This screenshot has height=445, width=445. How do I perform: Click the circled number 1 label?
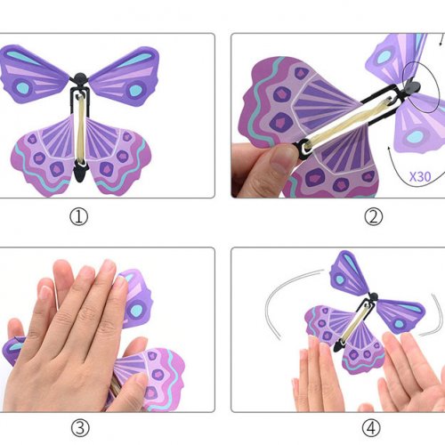point(79,217)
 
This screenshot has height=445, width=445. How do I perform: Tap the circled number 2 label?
point(373,216)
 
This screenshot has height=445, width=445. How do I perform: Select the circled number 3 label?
point(80,428)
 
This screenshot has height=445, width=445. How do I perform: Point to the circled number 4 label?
point(371,428)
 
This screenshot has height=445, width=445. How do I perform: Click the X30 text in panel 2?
point(420,177)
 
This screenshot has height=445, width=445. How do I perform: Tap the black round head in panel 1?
point(79,78)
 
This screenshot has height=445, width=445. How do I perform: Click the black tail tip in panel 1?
point(80,174)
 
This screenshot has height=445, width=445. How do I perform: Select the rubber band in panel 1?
point(80,129)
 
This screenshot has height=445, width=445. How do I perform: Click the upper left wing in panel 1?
point(34,74)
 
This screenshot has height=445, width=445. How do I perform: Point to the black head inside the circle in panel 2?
point(412,86)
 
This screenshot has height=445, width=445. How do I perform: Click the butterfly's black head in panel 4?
point(373,296)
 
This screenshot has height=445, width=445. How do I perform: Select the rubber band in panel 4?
point(355,322)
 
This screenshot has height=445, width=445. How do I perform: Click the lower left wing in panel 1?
point(44,154)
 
